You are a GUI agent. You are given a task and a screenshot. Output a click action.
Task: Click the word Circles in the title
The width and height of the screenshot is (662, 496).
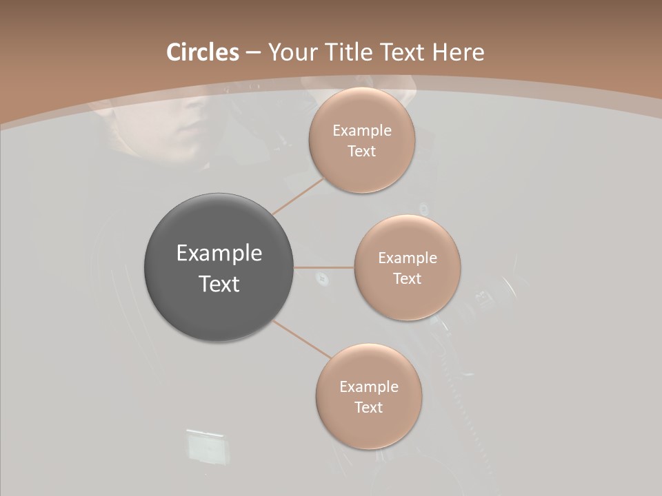(x=202, y=52)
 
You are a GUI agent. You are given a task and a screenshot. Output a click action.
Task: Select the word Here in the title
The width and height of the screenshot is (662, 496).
(x=459, y=52)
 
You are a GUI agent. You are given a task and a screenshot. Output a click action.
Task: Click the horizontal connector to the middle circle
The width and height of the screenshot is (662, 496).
(x=323, y=267)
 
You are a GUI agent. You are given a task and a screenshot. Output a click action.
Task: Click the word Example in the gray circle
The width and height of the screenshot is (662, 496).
(x=219, y=254)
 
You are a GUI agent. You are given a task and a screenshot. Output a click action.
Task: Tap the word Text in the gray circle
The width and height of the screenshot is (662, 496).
(x=219, y=284)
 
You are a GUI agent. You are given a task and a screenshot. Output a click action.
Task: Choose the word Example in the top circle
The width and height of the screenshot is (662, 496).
(x=361, y=131)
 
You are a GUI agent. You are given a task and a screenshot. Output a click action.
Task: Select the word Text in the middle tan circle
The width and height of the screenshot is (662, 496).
(x=407, y=279)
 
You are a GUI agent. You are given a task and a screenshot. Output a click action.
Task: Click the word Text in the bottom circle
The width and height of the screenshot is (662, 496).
(x=368, y=407)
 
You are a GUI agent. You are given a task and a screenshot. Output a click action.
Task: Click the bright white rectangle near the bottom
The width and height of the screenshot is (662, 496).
(x=205, y=446)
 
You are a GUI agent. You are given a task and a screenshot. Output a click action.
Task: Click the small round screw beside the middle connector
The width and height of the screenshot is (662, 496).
(x=321, y=278)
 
